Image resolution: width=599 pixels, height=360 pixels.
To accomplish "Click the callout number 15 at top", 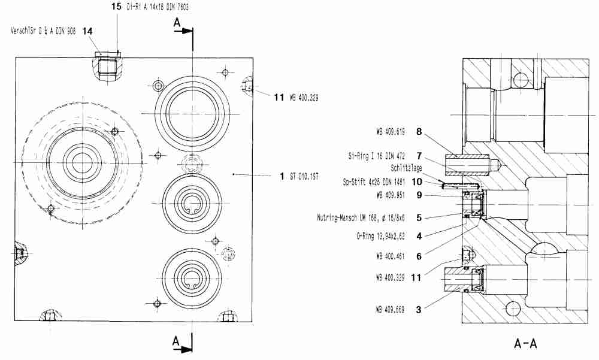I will (116, 7).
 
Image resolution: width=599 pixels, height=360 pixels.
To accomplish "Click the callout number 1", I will (282, 176).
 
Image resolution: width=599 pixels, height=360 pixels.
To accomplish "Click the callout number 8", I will (419, 129).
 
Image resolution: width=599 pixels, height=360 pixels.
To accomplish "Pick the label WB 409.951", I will (392, 194).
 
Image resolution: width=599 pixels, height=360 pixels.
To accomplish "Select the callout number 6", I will (419, 256).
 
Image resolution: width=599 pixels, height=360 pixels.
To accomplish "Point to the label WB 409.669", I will (392, 310).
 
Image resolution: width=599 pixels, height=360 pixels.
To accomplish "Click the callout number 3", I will (419, 310).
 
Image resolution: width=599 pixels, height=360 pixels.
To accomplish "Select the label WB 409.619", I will (392, 129).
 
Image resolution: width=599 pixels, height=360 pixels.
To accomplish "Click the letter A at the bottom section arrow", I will (176, 341).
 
